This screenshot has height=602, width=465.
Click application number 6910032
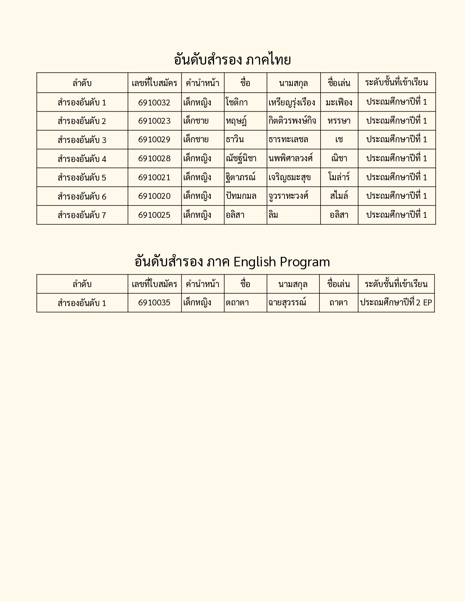154,103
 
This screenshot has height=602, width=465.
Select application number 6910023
154,121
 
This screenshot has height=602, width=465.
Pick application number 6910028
154,159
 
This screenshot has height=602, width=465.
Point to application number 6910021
154,178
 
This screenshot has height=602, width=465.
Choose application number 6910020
154,196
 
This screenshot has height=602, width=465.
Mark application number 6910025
154,215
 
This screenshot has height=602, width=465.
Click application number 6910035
154,303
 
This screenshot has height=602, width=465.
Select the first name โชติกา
237,103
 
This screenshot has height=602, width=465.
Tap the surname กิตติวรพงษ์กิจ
292,121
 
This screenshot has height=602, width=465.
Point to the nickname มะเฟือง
339,103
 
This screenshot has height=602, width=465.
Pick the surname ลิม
273,215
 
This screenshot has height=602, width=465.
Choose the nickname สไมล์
339,196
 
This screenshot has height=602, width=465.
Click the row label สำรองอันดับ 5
82,178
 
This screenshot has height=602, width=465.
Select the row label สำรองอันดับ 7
82,215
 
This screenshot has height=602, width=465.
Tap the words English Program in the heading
282,262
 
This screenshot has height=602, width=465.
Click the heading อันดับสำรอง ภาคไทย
232,60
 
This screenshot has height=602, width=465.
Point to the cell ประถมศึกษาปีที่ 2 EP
396,303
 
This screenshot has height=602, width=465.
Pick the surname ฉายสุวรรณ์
287,303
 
